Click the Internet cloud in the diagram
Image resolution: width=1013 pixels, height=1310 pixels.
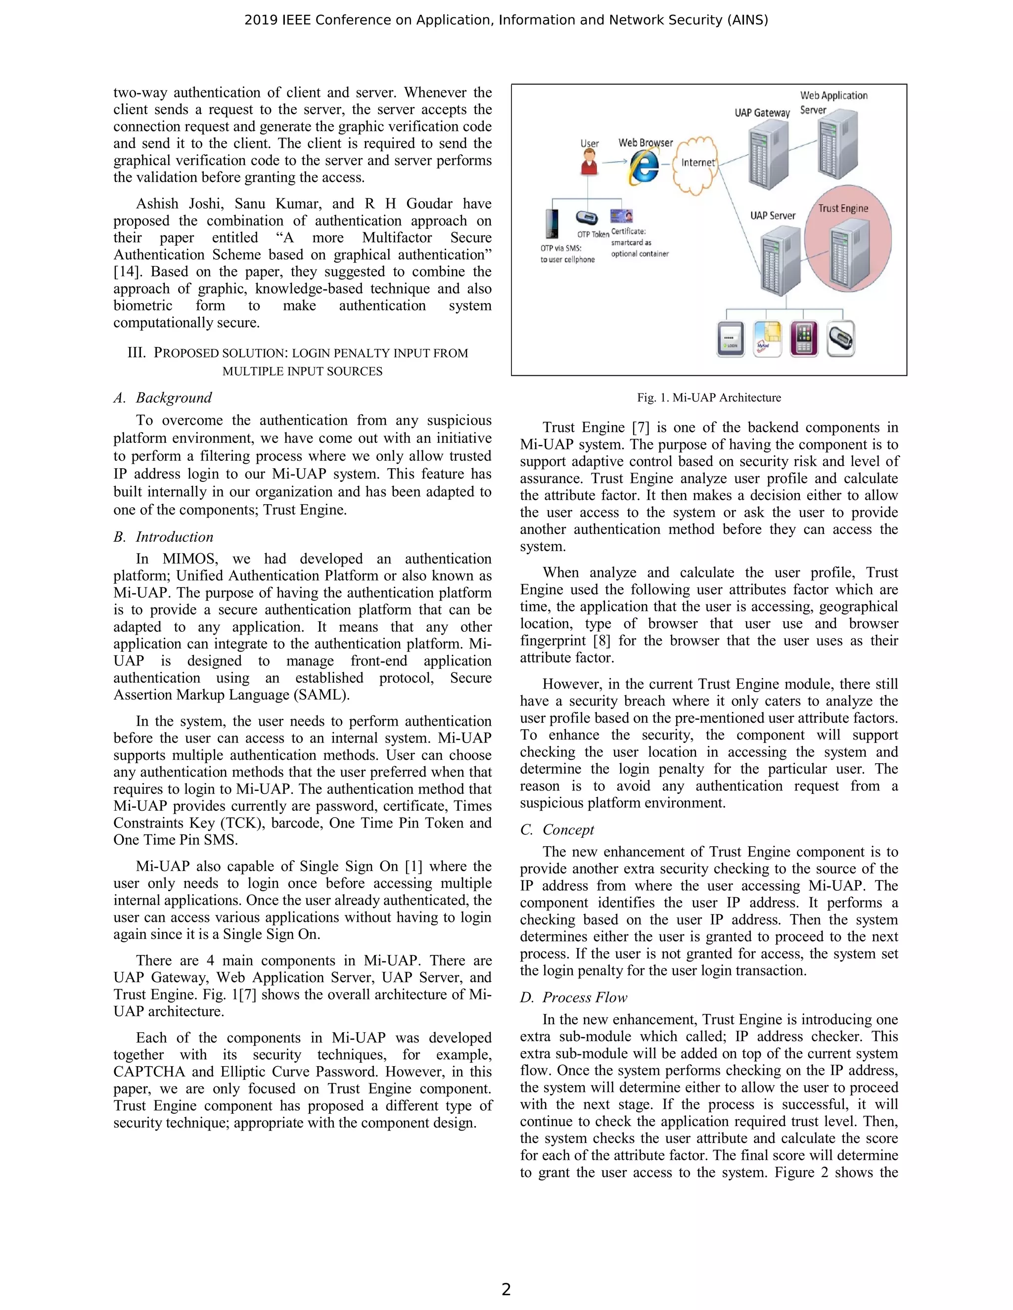point(696,163)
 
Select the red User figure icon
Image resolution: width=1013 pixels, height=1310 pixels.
point(589,162)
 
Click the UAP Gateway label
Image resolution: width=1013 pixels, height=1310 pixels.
point(762,113)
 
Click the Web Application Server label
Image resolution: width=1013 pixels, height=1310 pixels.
point(833,102)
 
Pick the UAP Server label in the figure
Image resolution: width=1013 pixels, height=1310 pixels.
point(772,216)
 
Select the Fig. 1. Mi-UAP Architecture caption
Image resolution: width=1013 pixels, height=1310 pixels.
point(709,397)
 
